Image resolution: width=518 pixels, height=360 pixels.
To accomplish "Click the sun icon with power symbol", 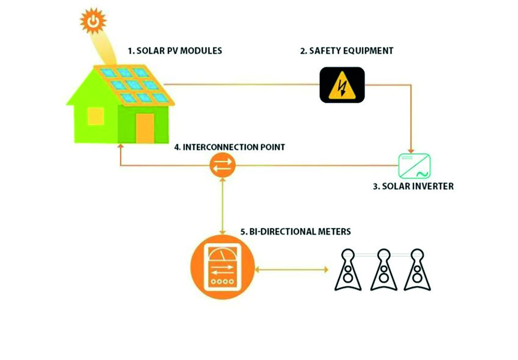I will [x=93, y=20].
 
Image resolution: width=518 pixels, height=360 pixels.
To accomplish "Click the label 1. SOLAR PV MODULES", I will [x=175, y=51].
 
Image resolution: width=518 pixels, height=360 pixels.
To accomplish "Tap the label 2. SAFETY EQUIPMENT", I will [x=347, y=51].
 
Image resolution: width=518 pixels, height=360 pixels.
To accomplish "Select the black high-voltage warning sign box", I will [x=342, y=85].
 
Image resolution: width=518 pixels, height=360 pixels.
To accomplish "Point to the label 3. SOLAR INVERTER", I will [x=413, y=186].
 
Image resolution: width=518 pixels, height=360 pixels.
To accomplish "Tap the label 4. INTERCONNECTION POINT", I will [x=229, y=147].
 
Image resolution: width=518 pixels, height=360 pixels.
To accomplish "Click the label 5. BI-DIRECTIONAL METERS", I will [x=296, y=231].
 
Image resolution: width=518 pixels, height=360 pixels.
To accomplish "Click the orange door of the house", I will [x=145, y=127].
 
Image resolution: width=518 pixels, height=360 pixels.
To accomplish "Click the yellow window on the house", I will [x=96, y=116].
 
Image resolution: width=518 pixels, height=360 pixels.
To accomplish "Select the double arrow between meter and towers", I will [x=292, y=270].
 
